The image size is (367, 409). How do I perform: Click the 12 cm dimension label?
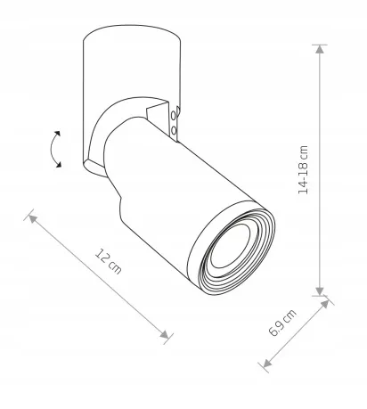108,261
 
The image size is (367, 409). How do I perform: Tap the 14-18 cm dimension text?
303,170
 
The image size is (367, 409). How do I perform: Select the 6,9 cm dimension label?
282,323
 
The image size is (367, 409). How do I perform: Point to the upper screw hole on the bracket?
174,117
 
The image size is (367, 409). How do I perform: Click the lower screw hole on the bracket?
174,130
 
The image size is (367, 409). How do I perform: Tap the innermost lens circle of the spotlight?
231,246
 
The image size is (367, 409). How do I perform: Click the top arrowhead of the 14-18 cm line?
320,49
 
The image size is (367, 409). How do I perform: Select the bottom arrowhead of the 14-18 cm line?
320,290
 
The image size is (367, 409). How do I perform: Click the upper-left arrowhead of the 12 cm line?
32,219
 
